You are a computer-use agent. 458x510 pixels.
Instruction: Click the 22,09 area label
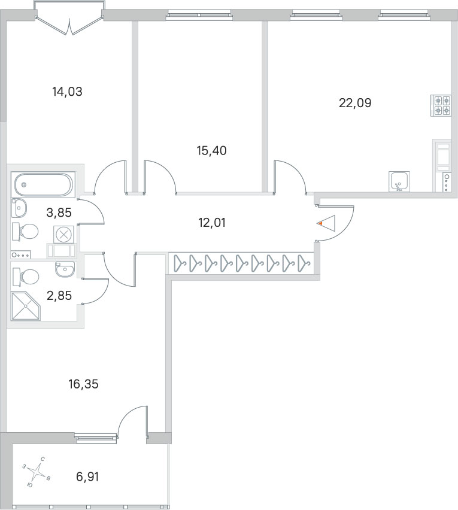[355, 103]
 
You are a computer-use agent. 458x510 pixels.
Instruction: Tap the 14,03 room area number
[67, 92]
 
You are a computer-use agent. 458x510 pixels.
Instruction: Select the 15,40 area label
[211, 151]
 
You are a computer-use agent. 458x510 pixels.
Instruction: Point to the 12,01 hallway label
[211, 223]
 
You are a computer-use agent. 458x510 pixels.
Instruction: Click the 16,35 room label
[83, 384]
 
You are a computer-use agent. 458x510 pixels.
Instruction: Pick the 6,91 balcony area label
[87, 477]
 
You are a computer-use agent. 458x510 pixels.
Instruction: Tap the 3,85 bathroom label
[59, 212]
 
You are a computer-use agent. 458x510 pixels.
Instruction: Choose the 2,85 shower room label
[59, 296]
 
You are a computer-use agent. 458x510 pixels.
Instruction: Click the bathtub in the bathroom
[43, 184]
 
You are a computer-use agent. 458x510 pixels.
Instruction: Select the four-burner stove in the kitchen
[441, 105]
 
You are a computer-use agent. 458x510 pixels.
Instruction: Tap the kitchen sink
[399, 181]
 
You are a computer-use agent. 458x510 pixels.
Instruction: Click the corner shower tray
[26, 306]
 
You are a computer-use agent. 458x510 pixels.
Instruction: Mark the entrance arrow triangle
[326, 223]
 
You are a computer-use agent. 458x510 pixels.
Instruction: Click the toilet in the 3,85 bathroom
[25, 232]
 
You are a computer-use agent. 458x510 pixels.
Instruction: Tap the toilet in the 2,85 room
[26, 277]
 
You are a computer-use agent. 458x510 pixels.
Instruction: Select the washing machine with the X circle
[63, 234]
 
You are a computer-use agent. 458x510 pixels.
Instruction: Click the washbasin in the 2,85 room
[65, 269]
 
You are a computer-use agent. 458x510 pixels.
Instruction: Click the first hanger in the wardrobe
[180, 263]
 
